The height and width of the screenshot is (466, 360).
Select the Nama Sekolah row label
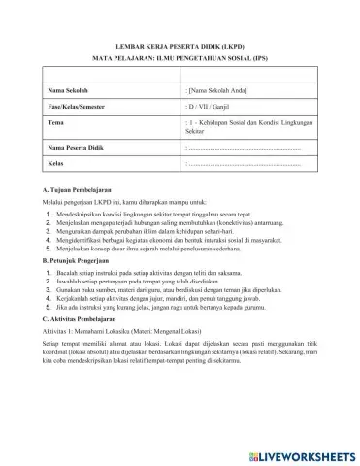coord(71,89)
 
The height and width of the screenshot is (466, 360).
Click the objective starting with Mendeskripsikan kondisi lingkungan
coord(165,213)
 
